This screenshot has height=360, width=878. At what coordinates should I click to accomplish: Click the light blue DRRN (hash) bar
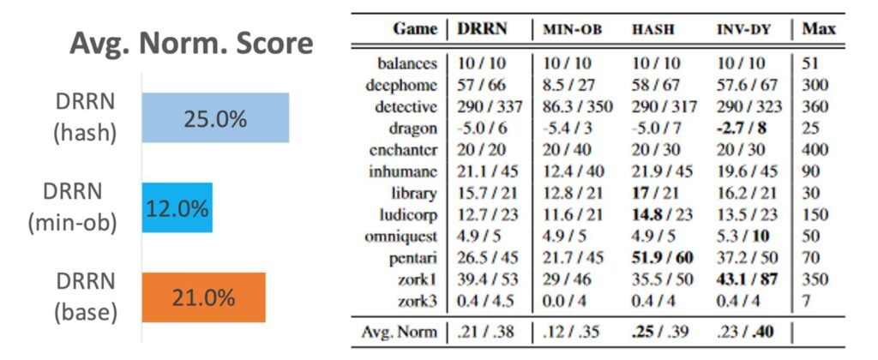click(x=215, y=118)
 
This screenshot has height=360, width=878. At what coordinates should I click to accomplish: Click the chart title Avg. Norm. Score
click(x=191, y=43)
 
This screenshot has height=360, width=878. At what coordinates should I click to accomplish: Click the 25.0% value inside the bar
click(x=215, y=118)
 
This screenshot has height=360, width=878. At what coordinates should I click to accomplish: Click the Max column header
click(x=819, y=29)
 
